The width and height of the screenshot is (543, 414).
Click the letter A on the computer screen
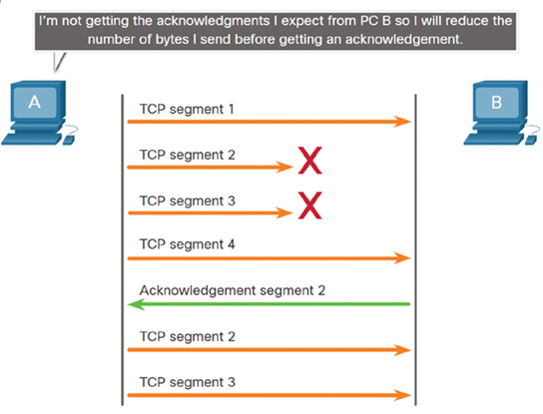[x=34, y=102]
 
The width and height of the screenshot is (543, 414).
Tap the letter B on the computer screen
[x=497, y=102]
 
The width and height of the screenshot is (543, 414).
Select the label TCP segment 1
[x=187, y=109]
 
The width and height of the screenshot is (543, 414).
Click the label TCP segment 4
[x=188, y=244]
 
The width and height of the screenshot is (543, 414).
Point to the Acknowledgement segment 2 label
[x=233, y=290]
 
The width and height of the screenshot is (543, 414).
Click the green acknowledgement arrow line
[x=270, y=304]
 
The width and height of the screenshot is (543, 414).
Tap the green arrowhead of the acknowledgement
[x=136, y=304]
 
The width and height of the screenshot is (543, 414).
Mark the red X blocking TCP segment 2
[x=310, y=160]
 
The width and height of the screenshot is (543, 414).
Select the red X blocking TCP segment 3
[x=310, y=206]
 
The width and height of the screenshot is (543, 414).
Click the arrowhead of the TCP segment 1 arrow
[x=402, y=122]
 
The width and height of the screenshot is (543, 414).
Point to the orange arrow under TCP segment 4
[x=270, y=258]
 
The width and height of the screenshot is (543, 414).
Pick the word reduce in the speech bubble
[x=467, y=21]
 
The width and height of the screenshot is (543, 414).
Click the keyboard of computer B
[x=493, y=139]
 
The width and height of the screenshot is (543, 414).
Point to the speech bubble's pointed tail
[x=58, y=62]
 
